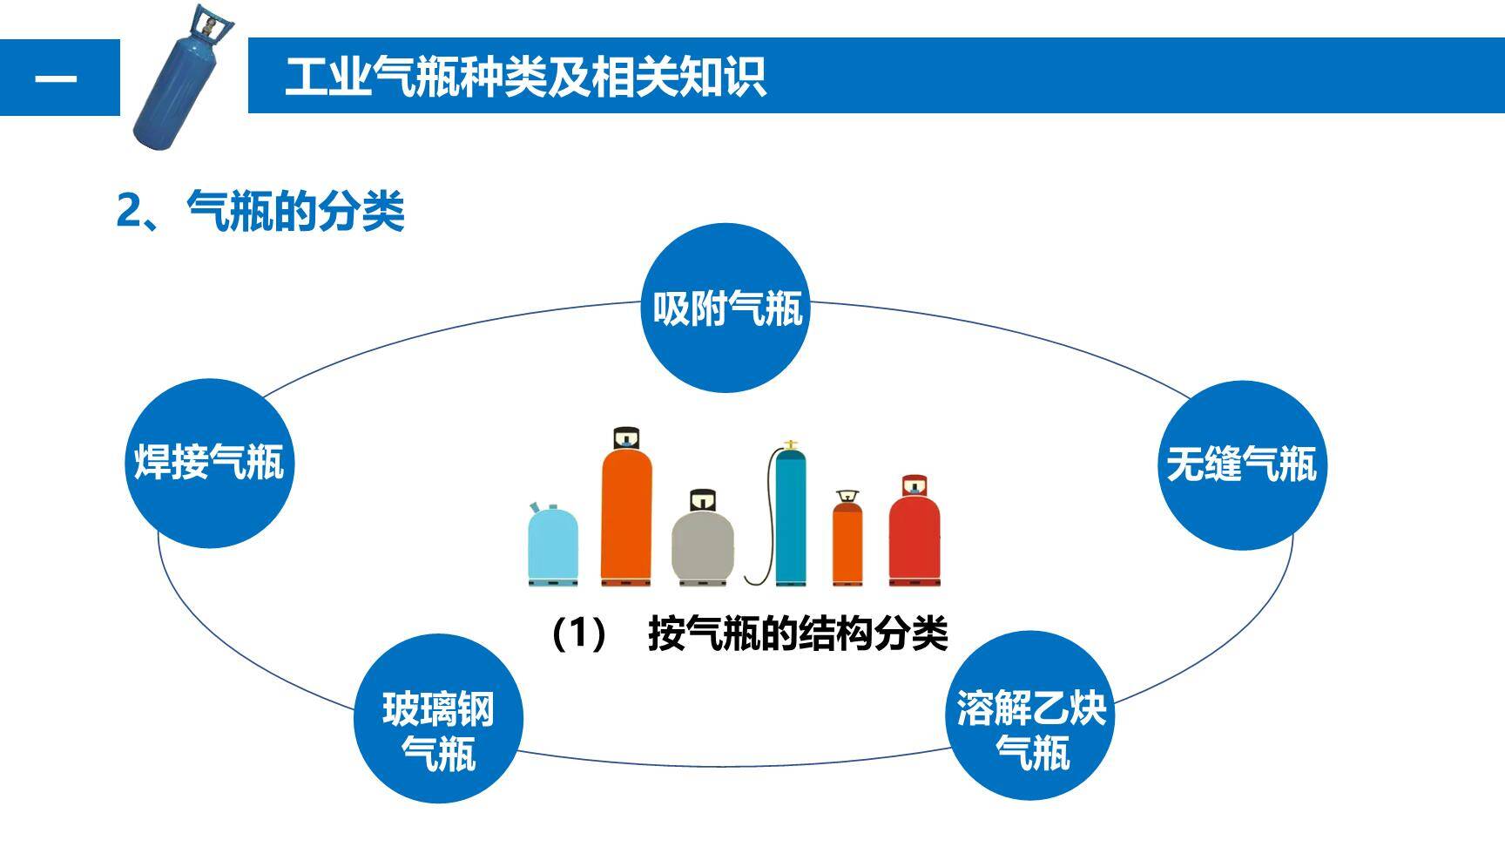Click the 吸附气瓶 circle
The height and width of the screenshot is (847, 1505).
pyautogui.click(x=726, y=308)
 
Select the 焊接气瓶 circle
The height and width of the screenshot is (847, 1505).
pyautogui.click(x=209, y=463)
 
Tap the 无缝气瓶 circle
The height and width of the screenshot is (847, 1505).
pyautogui.click(x=1241, y=464)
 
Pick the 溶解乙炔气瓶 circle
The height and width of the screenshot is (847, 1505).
pyautogui.click(x=1030, y=715)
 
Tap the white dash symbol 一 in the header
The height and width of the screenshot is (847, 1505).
pyautogui.click(x=56, y=78)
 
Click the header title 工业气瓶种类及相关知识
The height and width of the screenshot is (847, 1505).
pyautogui.click(x=525, y=77)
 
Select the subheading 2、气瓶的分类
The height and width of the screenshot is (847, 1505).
pyautogui.click(x=260, y=210)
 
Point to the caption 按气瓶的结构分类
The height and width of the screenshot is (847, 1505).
pyautogui.click(x=797, y=634)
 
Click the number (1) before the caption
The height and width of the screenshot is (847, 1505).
pyautogui.click(x=578, y=634)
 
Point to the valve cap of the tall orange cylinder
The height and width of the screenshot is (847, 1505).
pyautogui.click(x=626, y=437)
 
